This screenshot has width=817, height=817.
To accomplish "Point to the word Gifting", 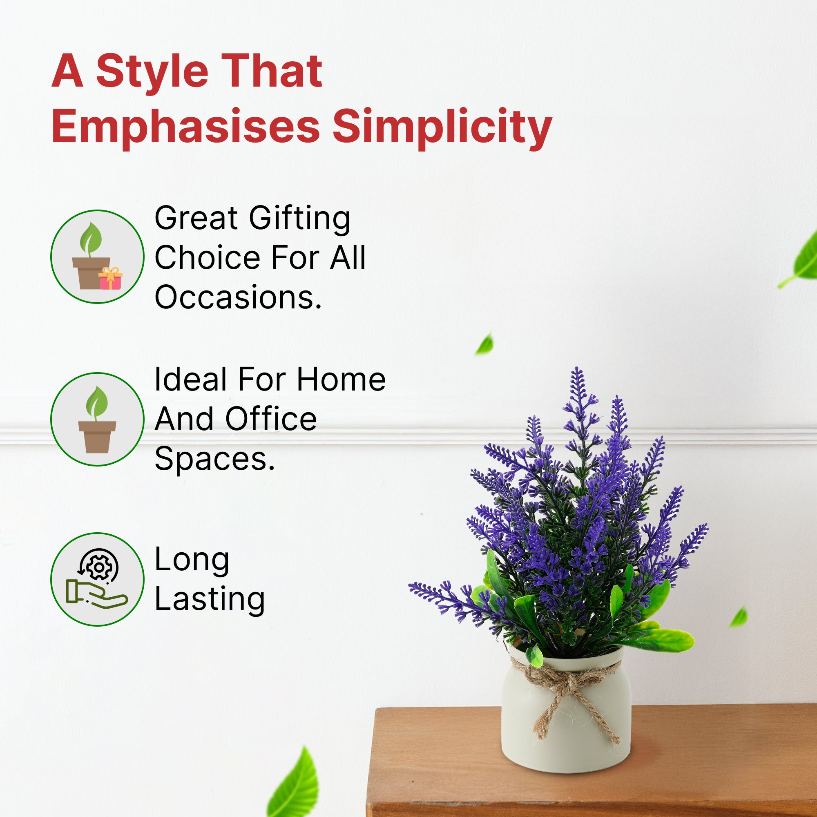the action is coord(299,219).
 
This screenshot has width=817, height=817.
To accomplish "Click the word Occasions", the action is coord(238,297).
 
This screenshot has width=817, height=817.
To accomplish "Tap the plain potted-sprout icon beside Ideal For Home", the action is coord(97,419).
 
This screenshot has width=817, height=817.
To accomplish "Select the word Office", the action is coord(271,419).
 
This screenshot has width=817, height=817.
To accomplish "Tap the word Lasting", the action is coord(210,599).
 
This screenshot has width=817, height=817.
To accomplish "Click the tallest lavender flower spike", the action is coord(578,406).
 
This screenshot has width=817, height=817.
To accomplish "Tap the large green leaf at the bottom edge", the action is coord(293,785).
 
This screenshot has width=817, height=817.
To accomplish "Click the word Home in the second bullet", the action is coord(341,379).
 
